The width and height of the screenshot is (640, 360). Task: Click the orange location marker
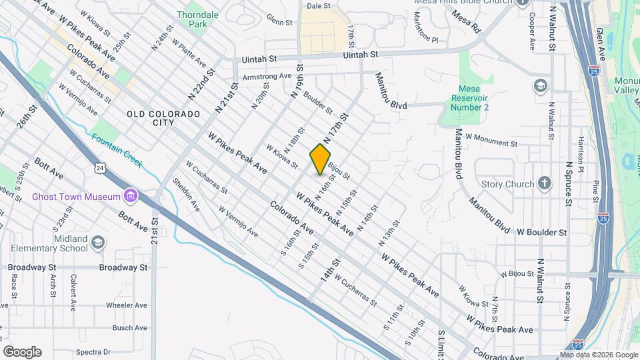coord(321,159)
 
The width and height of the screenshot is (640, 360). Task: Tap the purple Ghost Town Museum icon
coord(131,196)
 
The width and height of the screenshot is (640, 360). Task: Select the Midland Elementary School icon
coord(99,241)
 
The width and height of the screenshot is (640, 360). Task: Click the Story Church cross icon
coord(545,183)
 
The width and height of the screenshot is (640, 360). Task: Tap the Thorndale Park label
coord(193,19)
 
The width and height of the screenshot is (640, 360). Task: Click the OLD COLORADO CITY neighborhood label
coord(163,119)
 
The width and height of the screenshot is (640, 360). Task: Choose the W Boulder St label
coord(542,233)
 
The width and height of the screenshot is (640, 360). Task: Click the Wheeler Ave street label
coord(125,305)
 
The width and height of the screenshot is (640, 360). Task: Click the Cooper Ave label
coord(532,31)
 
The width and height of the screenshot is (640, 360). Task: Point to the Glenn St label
coord(279,20)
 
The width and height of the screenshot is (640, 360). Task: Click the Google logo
coord(22,351)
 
